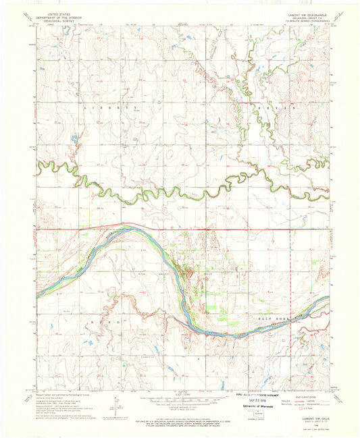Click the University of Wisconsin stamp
point(261,407)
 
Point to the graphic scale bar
point(179,404)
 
